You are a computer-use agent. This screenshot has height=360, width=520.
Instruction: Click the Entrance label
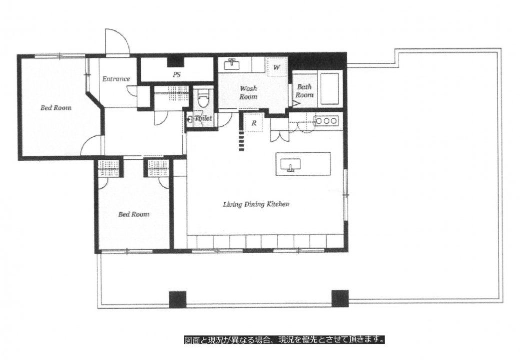pos(116,79)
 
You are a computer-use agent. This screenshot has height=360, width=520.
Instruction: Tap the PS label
pos(177,74)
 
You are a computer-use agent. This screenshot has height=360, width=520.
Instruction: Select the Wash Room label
pos(248,92)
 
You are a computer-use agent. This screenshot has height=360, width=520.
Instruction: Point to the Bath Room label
pos(304,91)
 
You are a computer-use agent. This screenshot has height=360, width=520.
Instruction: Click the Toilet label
pos(203,118)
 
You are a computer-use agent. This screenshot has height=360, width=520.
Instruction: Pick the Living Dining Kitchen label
pos(256,204)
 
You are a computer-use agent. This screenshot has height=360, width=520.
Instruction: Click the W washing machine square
pos(277,67)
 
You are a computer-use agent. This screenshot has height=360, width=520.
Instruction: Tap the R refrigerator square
pos(254,123)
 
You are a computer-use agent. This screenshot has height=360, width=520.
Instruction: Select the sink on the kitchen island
pos(291,165)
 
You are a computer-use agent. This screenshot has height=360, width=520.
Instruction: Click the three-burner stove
pos(326,121)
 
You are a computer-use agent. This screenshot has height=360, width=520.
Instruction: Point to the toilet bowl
pos(202,98)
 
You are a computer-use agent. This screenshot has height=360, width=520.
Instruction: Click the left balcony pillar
pos(177,299)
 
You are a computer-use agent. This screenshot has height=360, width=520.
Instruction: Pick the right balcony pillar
pos(340,299)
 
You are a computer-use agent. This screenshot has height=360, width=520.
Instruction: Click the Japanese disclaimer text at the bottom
pos(284,340)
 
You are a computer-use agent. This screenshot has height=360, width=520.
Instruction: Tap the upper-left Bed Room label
pos(56,108)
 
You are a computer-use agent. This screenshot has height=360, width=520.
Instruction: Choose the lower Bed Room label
pos(134,215)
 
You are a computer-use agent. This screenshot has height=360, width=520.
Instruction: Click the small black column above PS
pos(175,61)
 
